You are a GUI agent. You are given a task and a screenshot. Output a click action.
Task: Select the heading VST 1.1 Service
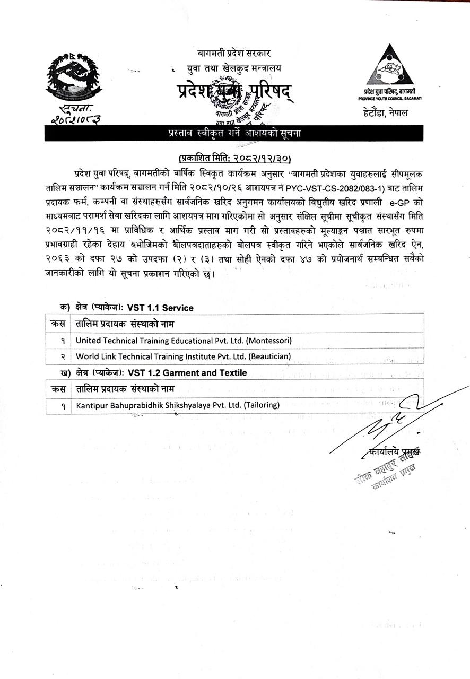point(160,308)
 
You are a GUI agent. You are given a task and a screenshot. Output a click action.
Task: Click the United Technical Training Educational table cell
point(184,341)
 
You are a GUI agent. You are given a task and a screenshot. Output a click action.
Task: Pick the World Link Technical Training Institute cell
point(184,356)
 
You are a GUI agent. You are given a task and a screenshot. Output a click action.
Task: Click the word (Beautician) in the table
point(268,356)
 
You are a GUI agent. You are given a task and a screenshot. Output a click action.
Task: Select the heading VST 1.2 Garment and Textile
point(187,373)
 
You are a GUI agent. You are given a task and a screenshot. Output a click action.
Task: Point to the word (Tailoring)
point(262,406)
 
